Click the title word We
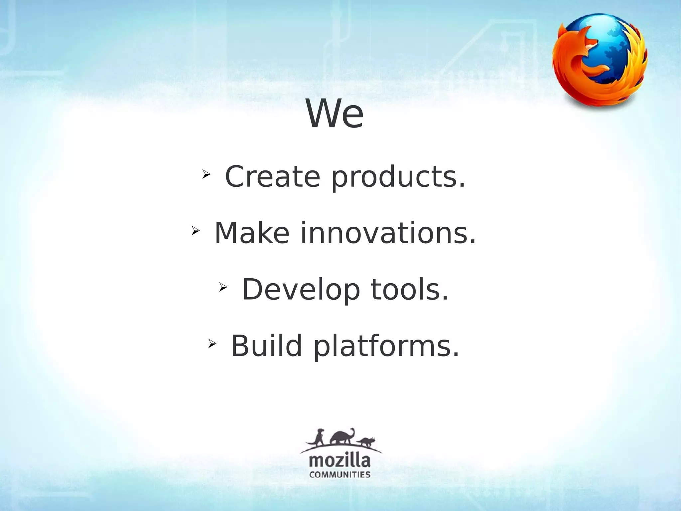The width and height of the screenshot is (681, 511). coord(335,114)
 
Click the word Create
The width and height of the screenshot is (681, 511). coord(272,176)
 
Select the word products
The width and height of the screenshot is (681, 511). coord(398,177)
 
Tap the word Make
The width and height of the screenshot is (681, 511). coord(252,233)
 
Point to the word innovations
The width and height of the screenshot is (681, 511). coord(388,233)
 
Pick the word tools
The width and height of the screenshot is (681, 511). coord(410,290)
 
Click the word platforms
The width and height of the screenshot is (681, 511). coord(386,347)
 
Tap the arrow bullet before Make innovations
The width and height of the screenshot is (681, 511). coord(195,230)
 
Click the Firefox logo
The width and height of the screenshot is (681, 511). coord(600,62)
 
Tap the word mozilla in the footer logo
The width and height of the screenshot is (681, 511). coord(340,461)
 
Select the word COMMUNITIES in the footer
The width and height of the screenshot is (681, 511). coord(340,475)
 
